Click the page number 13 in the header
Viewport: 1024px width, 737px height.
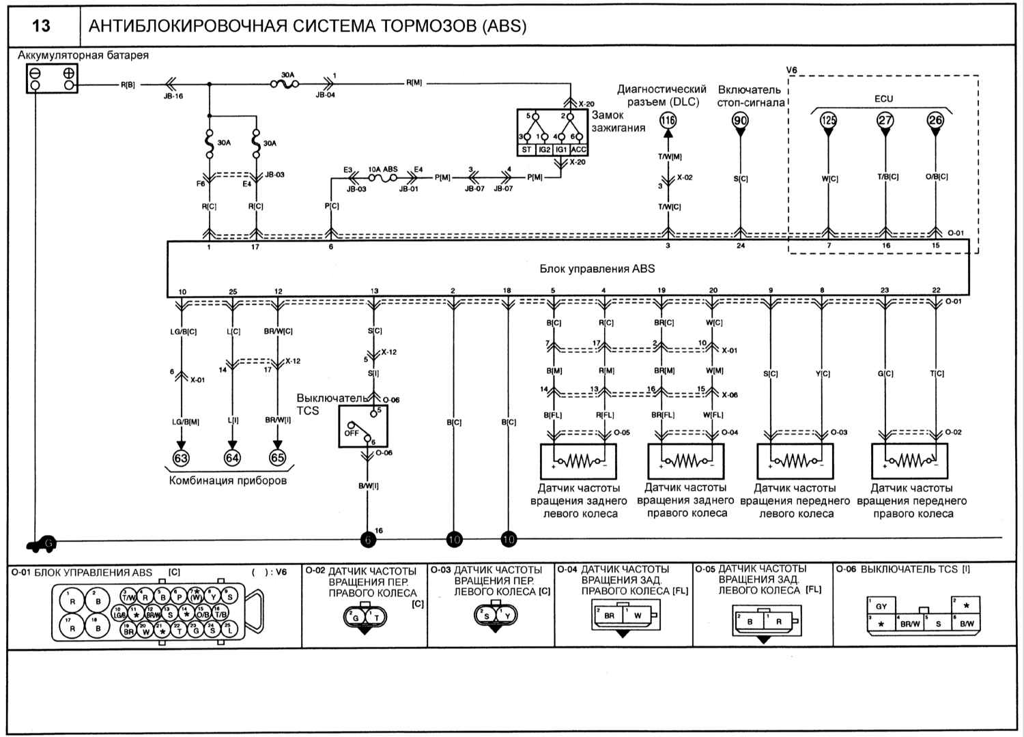[41, 26]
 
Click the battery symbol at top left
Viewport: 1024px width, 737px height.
[51, 78]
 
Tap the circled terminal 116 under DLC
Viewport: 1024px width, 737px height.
[668, 121]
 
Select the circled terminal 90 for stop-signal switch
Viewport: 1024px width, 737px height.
[740, 121]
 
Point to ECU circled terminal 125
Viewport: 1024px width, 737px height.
[828, 120]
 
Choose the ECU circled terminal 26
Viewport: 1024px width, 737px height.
[935, 120]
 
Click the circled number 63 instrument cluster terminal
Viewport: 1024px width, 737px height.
[181, 457]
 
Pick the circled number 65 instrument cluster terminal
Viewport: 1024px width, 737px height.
[277, 457]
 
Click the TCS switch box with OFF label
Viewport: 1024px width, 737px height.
[363, 427]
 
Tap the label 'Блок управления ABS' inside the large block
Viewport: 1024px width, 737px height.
[597, 268]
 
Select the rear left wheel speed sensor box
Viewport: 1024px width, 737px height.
[578, 461]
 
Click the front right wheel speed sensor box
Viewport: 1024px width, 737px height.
[909, 461]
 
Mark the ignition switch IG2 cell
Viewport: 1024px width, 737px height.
[544, 149]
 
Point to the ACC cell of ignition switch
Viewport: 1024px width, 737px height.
[578, 149]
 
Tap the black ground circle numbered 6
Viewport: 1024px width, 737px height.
[368, 540]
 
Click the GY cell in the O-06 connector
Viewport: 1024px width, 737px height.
[881, 605]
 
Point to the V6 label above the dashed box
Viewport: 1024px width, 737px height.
[792, 70]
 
